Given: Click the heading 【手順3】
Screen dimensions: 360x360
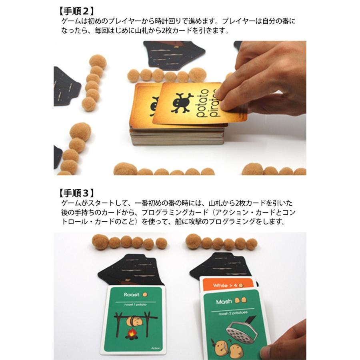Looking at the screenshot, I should click(76, 193).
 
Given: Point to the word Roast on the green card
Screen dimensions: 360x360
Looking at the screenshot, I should click(132, 294).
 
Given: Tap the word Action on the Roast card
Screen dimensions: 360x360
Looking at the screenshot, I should click(156, 348).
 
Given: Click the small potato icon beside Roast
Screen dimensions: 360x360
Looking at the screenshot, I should click(146, 294).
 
